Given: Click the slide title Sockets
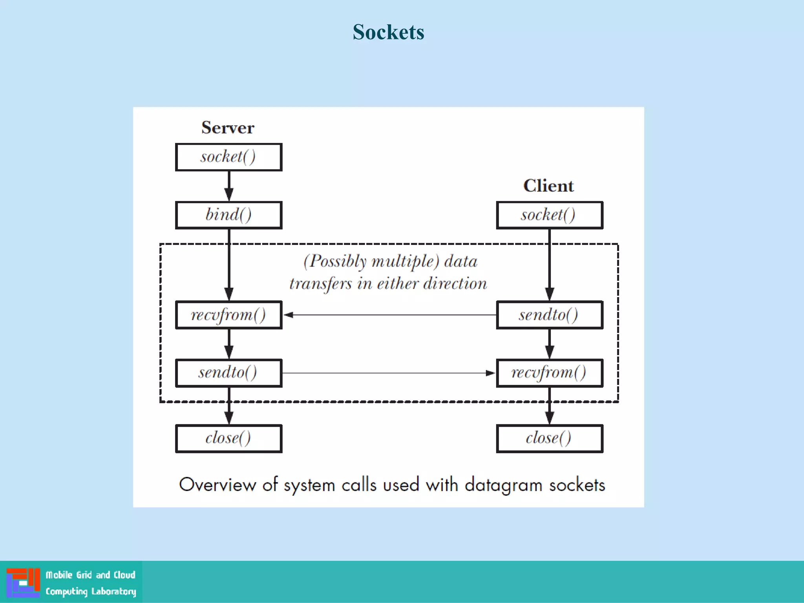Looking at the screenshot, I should (388, 32).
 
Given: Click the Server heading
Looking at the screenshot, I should (228, 128).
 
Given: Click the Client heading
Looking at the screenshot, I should (548, 186).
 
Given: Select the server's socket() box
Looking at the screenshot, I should (228, 157).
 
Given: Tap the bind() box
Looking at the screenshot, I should (228, 215).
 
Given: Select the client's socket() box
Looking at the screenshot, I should (549, 215).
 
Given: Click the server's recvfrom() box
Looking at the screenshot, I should (228, 315).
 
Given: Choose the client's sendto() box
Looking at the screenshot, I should (549, 315).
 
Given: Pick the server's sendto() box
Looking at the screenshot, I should (228, 373).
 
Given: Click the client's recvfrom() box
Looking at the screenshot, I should (549, 373).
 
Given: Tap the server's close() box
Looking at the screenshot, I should (228, 439).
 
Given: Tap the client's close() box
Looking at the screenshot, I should (549, 439).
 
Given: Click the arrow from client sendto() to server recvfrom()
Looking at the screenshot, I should (389, 315).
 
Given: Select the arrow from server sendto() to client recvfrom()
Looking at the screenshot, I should (389, 373).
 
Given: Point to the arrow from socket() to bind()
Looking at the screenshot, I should (229, 186).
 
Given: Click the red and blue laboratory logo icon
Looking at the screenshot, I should (23, 583).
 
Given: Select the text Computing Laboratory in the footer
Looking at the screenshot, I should (91, 592).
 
